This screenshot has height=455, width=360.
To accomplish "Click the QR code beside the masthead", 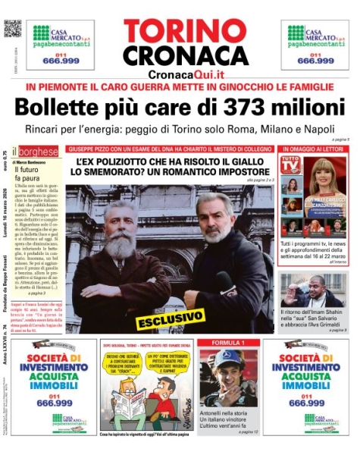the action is click(13, 29).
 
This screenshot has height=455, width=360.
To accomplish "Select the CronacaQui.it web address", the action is click(186, 73).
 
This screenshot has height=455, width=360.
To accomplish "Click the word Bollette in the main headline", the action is click(55, 108).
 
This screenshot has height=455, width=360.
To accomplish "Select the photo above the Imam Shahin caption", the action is click(314, 290).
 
